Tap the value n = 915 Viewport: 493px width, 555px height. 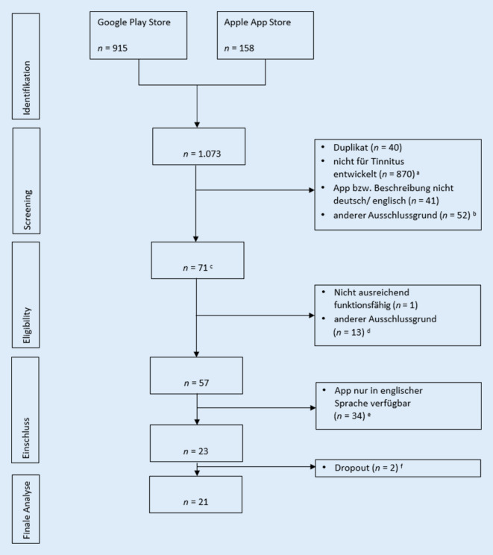pos(116,49)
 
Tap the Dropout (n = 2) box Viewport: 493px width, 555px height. pos(396,468)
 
